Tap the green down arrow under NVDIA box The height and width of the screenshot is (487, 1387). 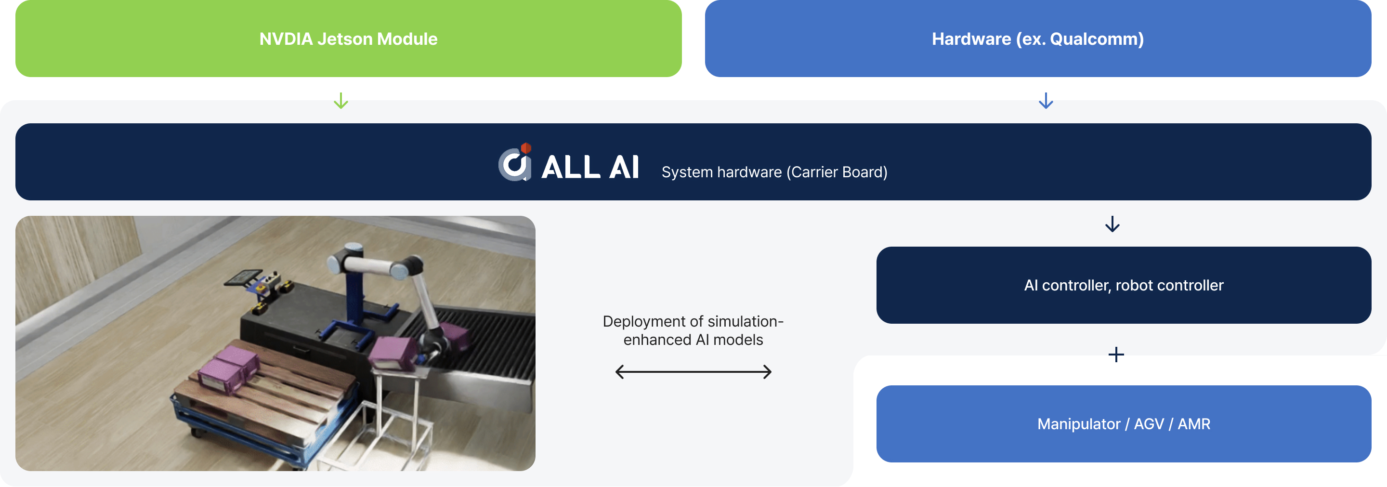pos(341,101)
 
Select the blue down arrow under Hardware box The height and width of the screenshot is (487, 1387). pos(1046,101)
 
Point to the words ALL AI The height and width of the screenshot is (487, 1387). pos(590,167)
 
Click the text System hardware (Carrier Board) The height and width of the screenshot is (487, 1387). pos(774,172)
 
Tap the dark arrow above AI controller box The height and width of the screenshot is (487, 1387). pos(1112,224)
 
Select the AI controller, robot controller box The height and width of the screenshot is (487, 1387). pos(1124,285)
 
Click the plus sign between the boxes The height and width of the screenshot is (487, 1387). pos(1116,355)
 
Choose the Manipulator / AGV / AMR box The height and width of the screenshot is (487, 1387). pos(1124,424)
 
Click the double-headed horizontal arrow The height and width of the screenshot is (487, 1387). pos(693,372)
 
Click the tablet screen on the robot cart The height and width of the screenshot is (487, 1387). pos(240,277)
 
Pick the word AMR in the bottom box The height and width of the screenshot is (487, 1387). pos(1194,424)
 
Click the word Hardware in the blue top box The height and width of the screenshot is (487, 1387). pos(971,39)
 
